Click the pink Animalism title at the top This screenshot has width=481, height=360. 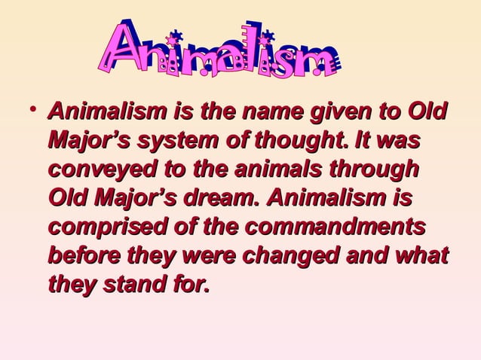218,51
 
